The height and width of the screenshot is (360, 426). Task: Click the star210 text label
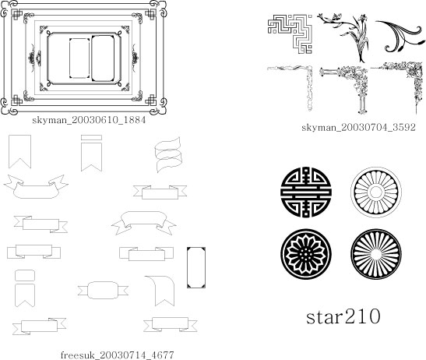click(343, 316)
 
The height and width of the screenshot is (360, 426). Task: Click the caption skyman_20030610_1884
click(89, 120)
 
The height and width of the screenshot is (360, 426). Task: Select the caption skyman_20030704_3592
click(358, 127)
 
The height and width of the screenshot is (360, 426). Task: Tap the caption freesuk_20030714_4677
click(117, 355)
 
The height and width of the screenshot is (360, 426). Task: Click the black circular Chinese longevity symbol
click(306, 192)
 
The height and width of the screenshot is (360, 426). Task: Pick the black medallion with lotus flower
click(306, 254)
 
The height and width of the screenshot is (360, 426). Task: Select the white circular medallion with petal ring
click(376, 192)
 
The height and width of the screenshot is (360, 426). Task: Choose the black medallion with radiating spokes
click(376, 254)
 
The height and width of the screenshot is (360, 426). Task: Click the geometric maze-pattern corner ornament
click(290, 34)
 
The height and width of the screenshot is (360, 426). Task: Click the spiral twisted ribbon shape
click(168, 155)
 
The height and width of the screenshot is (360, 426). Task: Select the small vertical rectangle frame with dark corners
click(196, 267)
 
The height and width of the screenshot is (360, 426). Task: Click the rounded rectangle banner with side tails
click(103, 291)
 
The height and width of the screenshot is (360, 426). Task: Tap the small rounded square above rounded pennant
click(25, 275)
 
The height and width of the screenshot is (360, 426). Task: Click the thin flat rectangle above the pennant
click(92, 138)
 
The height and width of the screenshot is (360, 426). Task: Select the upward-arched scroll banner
click(144, 223)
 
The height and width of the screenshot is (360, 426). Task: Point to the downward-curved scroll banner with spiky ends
click(36, 186)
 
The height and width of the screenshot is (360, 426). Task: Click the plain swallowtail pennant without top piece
click(19, 151)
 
